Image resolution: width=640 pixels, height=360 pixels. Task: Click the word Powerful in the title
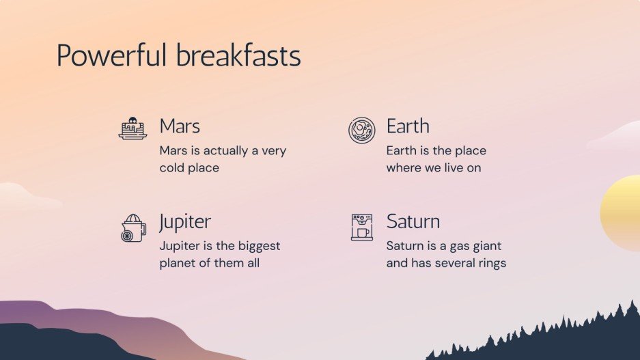click(111, 55)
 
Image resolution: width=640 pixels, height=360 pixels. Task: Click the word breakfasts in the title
click(239, 55)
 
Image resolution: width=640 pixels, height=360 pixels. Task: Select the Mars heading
click(180, 126)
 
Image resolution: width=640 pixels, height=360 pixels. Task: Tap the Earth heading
click(408, 126)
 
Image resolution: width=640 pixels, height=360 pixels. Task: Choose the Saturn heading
click(413, 221)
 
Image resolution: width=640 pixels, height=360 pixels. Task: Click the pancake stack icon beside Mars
click(133, 128)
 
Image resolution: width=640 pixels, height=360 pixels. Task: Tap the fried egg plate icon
click(361, 130)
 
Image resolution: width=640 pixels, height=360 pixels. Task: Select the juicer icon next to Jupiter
click(133, 227)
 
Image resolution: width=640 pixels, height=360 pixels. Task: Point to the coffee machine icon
click(361, 227)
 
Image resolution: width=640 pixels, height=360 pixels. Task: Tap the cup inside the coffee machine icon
click(363, 233)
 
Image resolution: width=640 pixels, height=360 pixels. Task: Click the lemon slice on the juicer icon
click(127, 236)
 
